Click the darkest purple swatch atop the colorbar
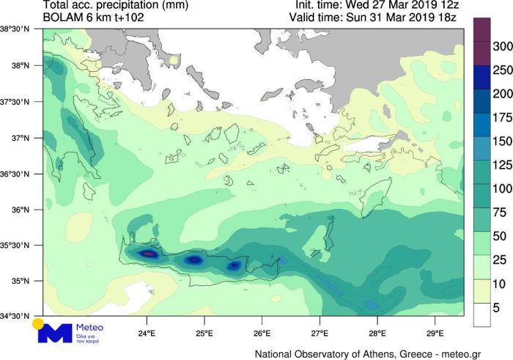coord(481,31)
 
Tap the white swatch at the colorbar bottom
coord(481,314)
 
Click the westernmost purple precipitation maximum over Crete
coord(148,254)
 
